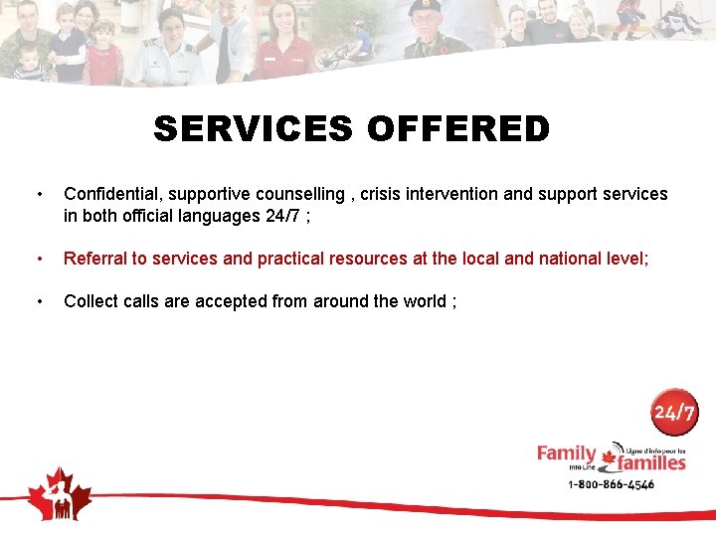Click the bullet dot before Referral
click(x=38, y=259)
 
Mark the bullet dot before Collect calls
click(x=38, y=301)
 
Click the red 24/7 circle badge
click(x=675, y=412)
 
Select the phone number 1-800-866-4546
click(x=611, y=484)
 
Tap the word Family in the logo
click(x=566, y=453)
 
